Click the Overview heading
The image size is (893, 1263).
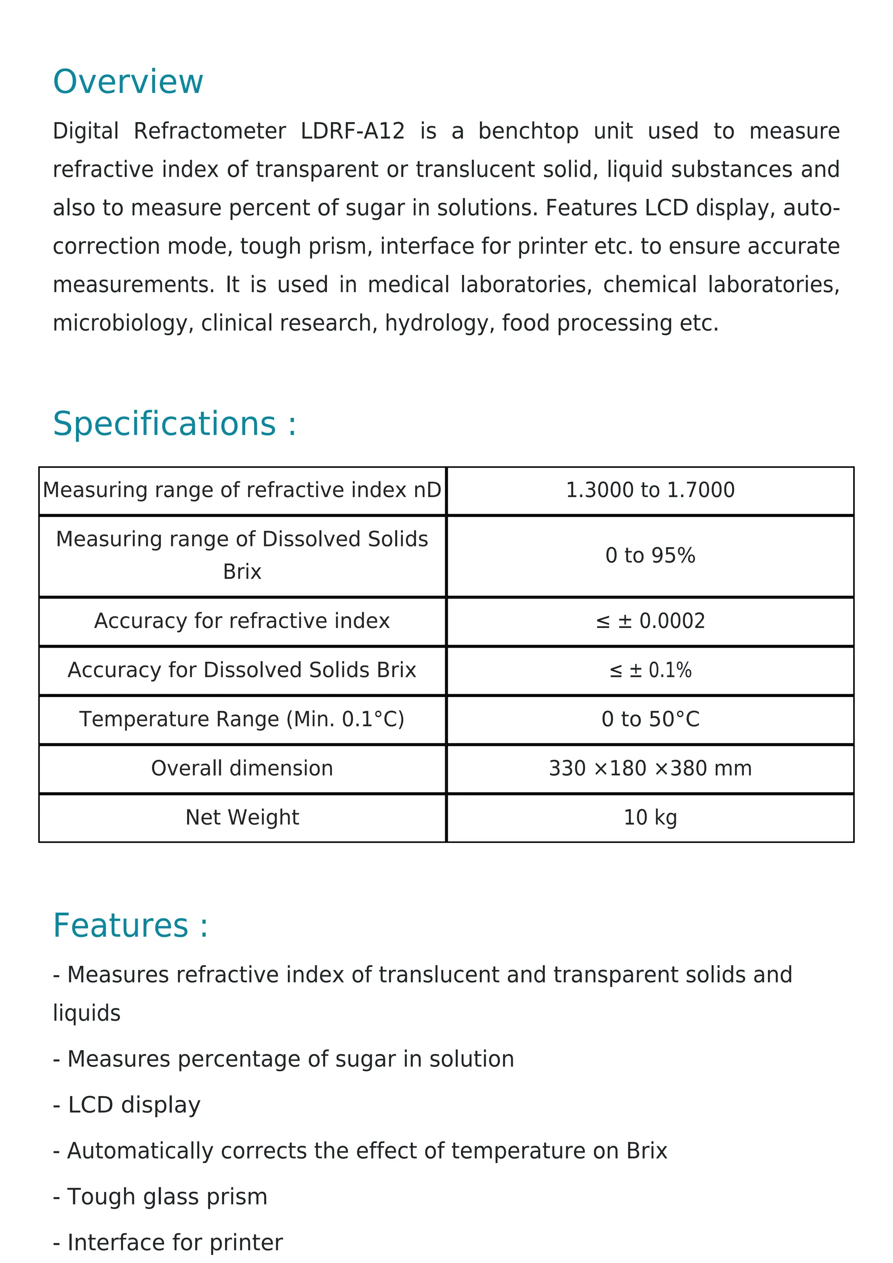pos(128,82)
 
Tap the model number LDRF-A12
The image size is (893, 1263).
pos(352,131)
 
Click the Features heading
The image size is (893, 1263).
pos(130,926)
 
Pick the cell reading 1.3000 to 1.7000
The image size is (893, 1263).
pos(650,490)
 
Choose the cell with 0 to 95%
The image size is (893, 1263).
pos(650,556)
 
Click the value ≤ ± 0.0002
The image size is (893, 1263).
pos(650,621)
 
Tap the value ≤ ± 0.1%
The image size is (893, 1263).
pos(650,670)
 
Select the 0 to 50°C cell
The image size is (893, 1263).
pos(650,719)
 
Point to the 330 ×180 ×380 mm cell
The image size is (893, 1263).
pos(650,768)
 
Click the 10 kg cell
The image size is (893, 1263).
pos(650,817)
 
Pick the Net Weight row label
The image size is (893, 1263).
pos(242,817)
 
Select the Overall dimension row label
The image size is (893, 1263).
pos(242,768)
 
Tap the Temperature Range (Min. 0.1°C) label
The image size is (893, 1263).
pos(242,719)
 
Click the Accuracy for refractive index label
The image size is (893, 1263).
pos(242,621)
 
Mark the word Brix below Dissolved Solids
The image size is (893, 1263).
pos(242,572)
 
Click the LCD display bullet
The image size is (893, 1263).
pos(127,1105)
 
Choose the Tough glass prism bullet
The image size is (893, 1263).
pos(160,1196)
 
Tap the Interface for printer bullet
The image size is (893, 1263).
pos(168,1242)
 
